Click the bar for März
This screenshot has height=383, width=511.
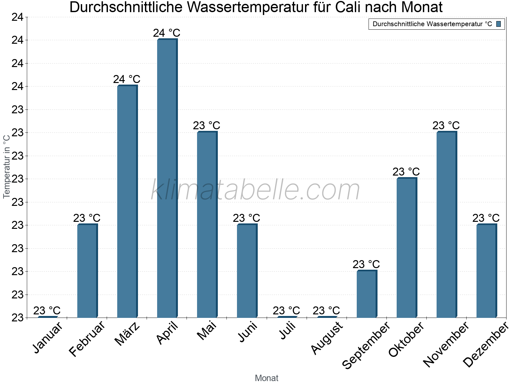[x=127, y=201]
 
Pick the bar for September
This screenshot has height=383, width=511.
[x=367, y=294]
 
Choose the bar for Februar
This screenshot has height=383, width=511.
[x=87, y=271]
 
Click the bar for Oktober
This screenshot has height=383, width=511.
[x=407, y=248]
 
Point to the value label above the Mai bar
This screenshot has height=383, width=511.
[x=207, y=125]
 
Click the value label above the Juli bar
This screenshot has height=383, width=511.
[x=286, y=311]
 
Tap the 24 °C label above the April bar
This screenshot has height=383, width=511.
[x=167, y=33]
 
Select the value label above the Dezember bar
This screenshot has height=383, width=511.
[x=486, y=218]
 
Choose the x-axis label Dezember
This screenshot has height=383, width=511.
[x=485, y=345]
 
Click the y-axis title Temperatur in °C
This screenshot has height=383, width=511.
[x=7, y=166]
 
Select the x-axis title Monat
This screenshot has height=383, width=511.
[x=267, y=378]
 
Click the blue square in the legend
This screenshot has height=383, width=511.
[x=499, y=24]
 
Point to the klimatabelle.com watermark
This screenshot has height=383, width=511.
[x=256, y=190]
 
